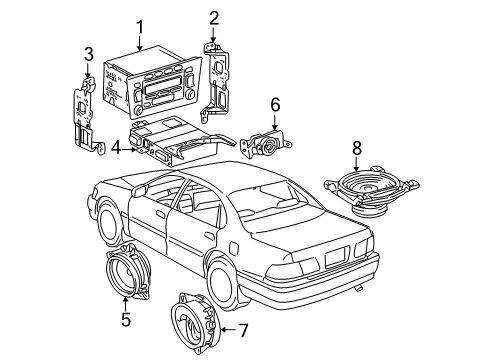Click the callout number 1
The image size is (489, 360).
coord(140,28)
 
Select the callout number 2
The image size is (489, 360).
coord(213,18)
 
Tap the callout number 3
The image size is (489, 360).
coord(88,53)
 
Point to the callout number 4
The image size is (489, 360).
coord(115,148)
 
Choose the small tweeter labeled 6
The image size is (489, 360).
coord(266,141)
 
